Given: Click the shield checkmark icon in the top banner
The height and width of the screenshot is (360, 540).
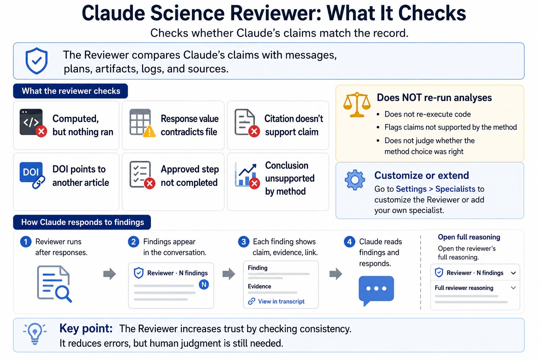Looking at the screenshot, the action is point(37,61).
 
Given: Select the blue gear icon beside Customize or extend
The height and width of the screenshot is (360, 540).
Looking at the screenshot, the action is point(355,180).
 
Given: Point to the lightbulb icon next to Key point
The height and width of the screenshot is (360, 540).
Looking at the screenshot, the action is point(35,334).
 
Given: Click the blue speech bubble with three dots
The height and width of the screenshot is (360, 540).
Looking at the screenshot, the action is point(376,290).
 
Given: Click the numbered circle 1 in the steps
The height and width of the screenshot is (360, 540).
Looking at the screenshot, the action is point(26,242).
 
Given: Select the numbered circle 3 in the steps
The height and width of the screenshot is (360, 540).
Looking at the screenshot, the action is point(244,242).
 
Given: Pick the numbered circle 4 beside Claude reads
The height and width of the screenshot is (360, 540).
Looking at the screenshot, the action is point(349,242).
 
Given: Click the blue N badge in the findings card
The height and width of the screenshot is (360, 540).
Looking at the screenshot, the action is point(204,284).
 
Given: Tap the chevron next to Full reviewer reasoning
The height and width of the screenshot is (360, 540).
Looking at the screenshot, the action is point(513,288).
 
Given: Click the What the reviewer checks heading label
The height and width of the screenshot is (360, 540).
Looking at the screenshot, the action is point(70,91).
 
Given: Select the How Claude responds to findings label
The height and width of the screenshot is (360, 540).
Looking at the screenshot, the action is point(82,222).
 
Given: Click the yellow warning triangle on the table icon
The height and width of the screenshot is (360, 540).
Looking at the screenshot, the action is point(149,131).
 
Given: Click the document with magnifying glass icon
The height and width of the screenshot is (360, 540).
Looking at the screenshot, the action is point(54,284).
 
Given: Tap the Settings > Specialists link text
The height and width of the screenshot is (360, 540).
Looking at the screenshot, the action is point(435,189).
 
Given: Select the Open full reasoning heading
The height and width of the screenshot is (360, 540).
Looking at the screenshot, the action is point(469,237).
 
